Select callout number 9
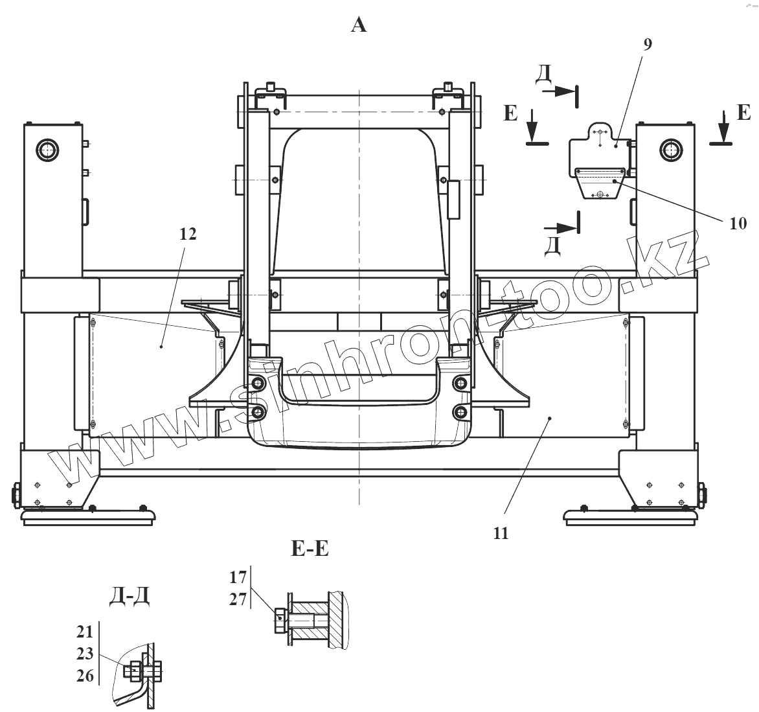click(648, 45)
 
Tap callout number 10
click(737, 224)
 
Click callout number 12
click(188, 234)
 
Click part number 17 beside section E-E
click(238, 575)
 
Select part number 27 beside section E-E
click(238, 599)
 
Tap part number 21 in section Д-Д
click(85, 632)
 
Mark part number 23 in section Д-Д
click(85, 653)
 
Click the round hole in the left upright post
click(47, 150)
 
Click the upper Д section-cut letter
click(544, 76)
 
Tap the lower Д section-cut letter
click(552, 246)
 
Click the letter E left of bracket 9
click(511, 114)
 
